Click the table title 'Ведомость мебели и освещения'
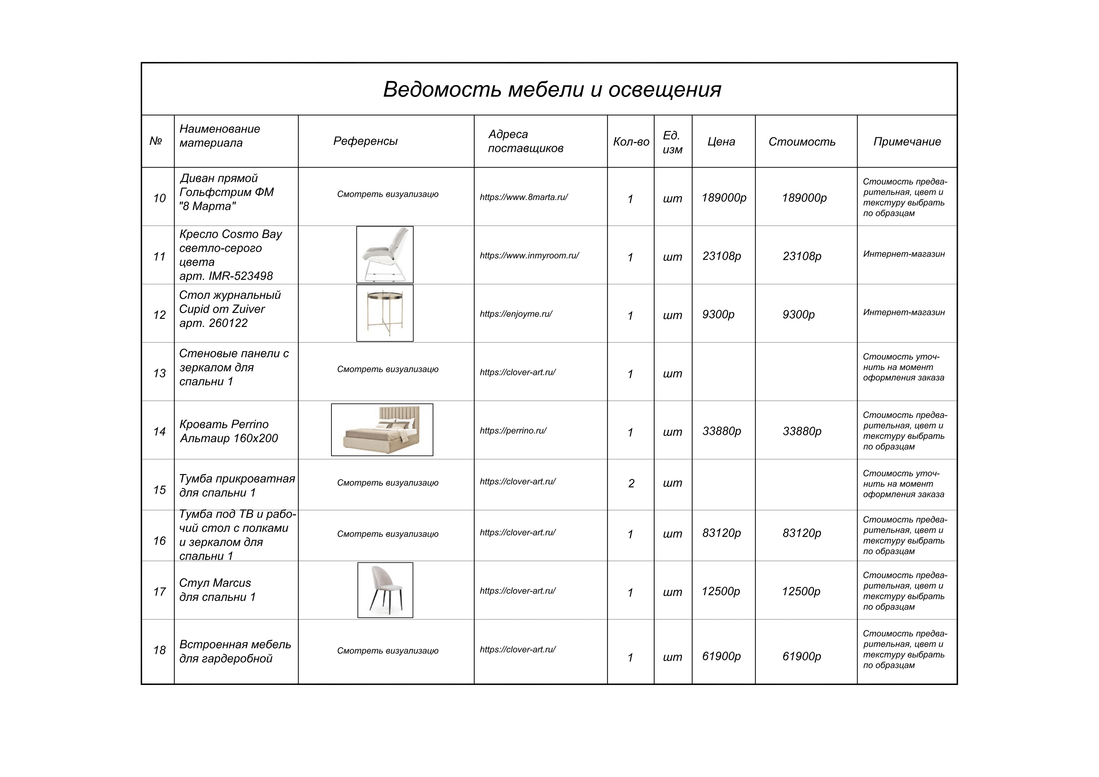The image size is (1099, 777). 552,89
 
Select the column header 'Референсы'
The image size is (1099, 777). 365,141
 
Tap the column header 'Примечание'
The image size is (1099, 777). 907,142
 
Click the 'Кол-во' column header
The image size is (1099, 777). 631,142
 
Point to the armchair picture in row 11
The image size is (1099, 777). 385,255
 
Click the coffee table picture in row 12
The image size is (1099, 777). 385,313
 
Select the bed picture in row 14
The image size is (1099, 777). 382,430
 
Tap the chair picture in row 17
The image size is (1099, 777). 385,590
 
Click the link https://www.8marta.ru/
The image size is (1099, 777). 524,197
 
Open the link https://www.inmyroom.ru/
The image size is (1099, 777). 529,256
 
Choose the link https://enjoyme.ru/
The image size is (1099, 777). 516,314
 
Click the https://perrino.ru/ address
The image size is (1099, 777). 513,431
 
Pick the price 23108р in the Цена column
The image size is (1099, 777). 722,256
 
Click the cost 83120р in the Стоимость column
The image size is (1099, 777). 802,533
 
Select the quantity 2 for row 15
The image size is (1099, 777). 631,484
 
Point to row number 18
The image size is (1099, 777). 159,650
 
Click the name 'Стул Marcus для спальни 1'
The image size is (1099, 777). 217,590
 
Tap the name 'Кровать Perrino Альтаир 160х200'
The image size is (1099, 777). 228,431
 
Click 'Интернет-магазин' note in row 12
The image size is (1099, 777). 904,313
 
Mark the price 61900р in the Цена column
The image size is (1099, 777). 721,656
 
